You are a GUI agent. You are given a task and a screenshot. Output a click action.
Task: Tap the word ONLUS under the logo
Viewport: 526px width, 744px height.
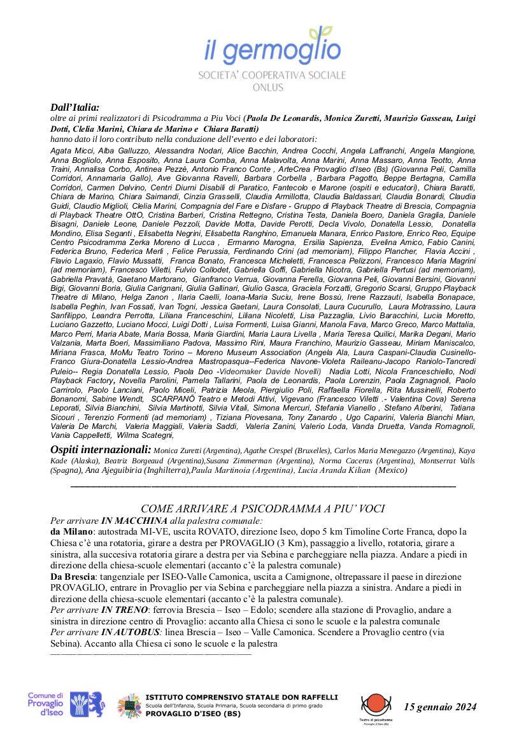tap(272, 87)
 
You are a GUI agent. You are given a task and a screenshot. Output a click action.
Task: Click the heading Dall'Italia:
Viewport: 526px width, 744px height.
tap(75, 108)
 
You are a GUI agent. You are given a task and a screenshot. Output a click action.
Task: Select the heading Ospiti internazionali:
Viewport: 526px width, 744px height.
tap(101, 450)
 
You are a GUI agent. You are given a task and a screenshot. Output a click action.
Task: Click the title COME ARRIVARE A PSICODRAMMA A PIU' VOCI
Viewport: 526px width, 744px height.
tap(262, 509)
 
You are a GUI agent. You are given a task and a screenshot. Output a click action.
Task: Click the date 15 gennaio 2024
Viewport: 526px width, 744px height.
tap(440, 706)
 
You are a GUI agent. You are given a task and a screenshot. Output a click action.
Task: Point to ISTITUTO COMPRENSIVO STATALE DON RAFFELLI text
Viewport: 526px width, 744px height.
tap(242, 698)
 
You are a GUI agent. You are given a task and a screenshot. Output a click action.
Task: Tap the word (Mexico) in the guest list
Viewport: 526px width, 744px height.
tap(391, 470)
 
